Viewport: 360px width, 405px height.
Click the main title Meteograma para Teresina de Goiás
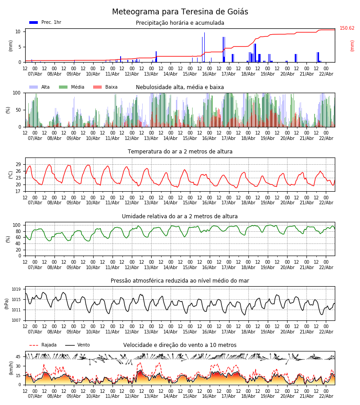tap(180, 12)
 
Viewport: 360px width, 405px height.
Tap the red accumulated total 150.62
tap(347, 28)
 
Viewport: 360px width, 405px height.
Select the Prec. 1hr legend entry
tap(45, 22)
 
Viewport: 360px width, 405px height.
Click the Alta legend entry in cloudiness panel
tap(40, 87)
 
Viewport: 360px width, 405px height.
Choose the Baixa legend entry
tap(106, 87)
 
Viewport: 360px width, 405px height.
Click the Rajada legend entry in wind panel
tap(43, 345)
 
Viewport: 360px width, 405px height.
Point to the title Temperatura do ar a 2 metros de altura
tap(180, 152)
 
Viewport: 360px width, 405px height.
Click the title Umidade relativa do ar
tap(180, 216)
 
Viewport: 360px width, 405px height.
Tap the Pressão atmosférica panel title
tap(180, 281)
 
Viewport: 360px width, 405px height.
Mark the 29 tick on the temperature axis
tap(18, 164)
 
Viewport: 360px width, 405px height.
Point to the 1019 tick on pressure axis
tap(17, 289)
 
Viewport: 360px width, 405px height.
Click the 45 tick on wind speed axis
tap(18, 357)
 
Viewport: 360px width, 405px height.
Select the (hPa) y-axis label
tap(7, 303)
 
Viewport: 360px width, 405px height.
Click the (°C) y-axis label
tap(11, 174)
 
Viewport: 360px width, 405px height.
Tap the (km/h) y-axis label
tap(11, 368)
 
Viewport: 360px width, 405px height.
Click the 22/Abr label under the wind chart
tap(326, 396)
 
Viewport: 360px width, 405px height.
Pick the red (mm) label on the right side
tap(352, 45)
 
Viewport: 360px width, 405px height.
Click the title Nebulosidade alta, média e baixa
tap(180, 87)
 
